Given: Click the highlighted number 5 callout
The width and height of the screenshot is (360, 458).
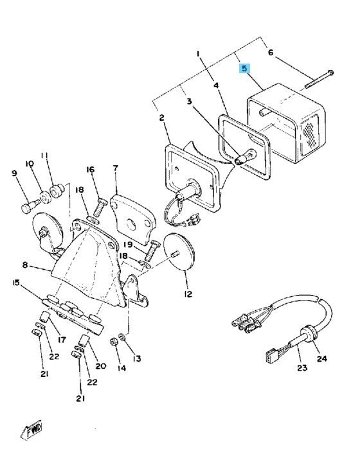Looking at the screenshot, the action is (x=244, y=69).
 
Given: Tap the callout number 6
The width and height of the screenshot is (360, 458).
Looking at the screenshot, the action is (x=271, y=53).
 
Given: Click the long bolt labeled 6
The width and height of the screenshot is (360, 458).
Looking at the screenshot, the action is (x=319, y=79).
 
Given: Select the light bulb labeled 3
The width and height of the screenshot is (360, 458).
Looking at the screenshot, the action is (x=245, y=157).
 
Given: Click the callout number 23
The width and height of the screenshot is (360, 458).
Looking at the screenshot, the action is (x=302, y=367).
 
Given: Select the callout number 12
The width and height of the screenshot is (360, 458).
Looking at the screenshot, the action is (x=188, y=294).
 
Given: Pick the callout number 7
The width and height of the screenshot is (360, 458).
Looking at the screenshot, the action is (x=116, y=168).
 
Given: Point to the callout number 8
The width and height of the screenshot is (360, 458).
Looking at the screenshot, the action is (x=25, y=265).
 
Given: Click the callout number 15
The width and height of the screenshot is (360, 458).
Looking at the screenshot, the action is (x=16, y=283).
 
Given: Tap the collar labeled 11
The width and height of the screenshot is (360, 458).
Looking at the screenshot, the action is (x=57, y=191).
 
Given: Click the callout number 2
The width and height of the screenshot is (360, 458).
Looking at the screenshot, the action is (x=161, y=118).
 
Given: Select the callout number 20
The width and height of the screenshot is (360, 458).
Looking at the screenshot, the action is (x=101, y=366).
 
